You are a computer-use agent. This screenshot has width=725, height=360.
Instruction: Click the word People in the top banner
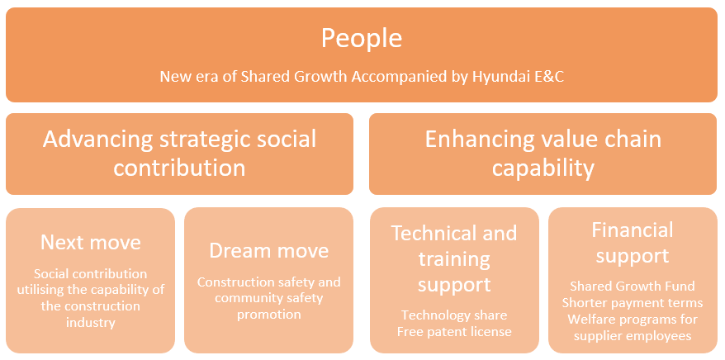tap(362, 39)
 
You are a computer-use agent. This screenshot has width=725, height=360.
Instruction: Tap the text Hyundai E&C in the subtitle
tap(518, 76)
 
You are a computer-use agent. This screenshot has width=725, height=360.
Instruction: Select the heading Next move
tap(91, 242)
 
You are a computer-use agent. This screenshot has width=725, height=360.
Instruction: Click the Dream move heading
tap(268, 250)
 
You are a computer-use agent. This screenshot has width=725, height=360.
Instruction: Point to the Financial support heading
tap(632, 243)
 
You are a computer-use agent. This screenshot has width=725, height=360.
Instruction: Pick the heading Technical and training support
tap(454, 258)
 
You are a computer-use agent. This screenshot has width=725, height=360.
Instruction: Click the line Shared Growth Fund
tap(632, 286)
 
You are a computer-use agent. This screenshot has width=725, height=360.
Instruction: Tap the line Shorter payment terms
tap(632, 303)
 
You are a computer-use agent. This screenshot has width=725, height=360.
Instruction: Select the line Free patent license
tap(454, 332)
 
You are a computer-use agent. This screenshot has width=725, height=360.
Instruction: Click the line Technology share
tap(454, 315)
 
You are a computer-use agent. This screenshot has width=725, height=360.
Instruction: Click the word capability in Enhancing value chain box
tap(543, 168)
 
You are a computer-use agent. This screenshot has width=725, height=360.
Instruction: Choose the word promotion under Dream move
tap(268, 315)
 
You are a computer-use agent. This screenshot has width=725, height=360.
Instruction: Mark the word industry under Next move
tap(91, 322)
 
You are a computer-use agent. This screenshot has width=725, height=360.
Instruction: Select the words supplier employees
tap(632, 336)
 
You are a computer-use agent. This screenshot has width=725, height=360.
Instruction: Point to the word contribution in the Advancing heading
tap(179, 168)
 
